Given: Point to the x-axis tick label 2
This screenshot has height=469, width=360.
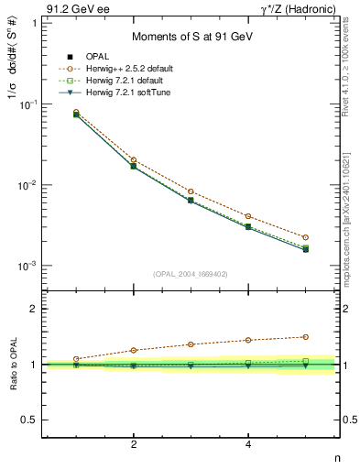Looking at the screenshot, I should point(134,444).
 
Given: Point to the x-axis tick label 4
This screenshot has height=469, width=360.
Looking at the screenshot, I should point(248,444).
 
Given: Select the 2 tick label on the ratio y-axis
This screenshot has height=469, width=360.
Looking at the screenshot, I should point(33,309).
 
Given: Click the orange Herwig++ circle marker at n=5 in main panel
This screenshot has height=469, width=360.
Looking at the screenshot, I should point(306,237).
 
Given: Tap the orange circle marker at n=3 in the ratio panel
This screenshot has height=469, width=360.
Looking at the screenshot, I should point(191,344).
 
